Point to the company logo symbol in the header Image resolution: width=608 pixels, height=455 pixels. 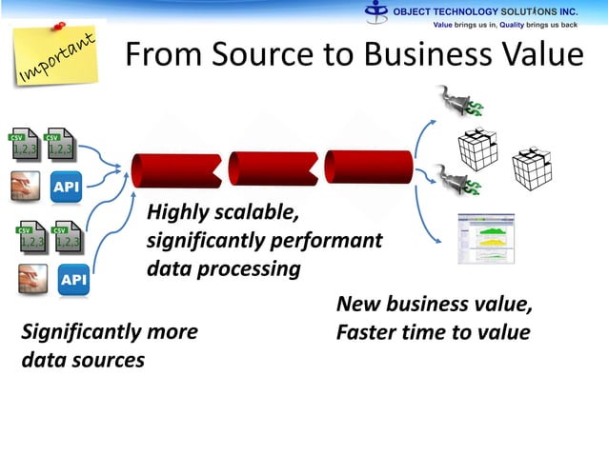point(378,11)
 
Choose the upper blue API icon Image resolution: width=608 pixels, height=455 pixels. point(66,188)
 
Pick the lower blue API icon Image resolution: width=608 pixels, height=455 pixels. point(73,281)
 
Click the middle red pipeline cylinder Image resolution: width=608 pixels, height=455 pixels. point(271,168)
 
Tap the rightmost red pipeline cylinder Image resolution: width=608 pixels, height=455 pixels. point(367,167)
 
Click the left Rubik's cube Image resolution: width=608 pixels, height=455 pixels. point(477,148)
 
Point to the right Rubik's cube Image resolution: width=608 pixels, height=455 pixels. point(532,168)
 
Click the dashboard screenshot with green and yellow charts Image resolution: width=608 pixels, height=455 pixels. point(485,239)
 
